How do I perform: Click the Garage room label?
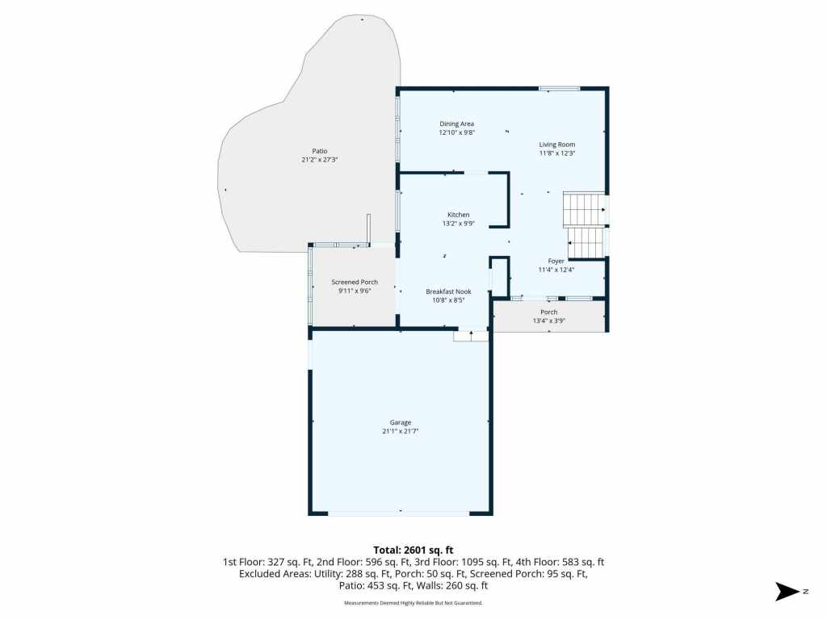pyautogui.click(x=401, y=422)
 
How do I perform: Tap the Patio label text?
pyautogui.click(x=319, y=151)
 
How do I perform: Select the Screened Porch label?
pyautogui.click(x=355, y=282)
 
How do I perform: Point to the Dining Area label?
pyautogui.click(x=456, y=124)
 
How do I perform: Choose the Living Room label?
pyautogui.click(x=556, y=145)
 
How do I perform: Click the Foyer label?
pyautogui.click(x=556, y=261)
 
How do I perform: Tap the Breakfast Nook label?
pyautogui.click(x=448, y=291)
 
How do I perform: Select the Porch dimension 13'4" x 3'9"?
pyautogui.click(x=548, y=321)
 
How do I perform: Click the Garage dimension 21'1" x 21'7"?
pyautogui.click(x=401, y=432)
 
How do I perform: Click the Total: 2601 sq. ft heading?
pyautogui.click(x=413, y=550)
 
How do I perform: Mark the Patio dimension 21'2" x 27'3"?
pyautogui.click(x=319, y=160)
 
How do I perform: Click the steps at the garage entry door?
pyautogui.click(x=471, y=336)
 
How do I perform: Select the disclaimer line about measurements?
pyautogui.click(x=413, y=603)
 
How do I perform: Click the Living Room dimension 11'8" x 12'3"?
pyautogui.click(x=556, y=153)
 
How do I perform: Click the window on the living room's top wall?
pyautogui.click(x=559, y=88)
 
